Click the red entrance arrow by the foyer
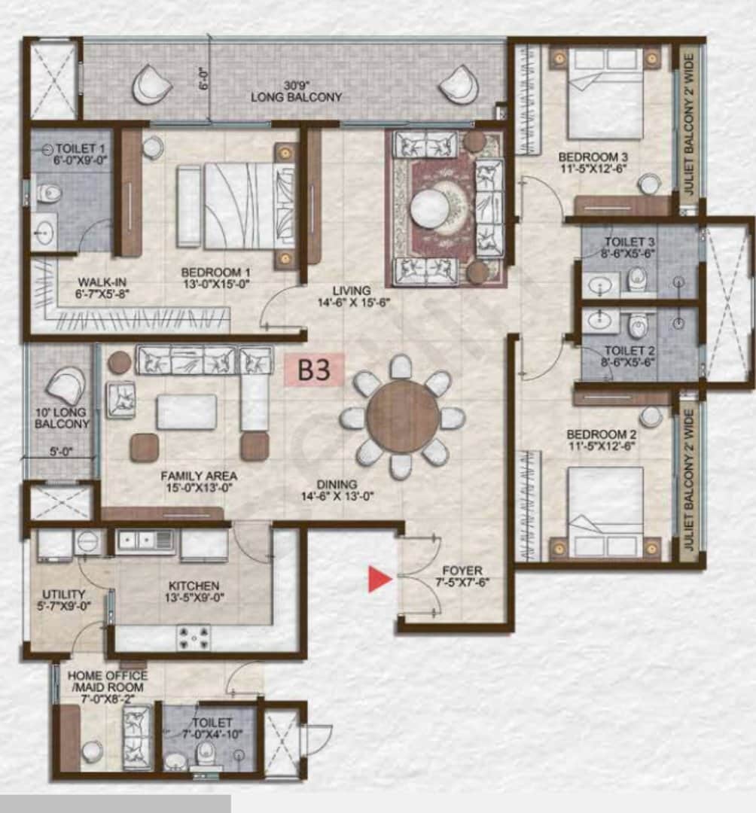tap(380, 579)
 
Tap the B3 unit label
tap(314, 370)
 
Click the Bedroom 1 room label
tap(215, 277)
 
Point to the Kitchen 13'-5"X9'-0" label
tap(194, 592)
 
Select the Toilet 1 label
tap(81, 154)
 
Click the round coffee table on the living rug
tap(431, 208)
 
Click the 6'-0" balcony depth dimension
tap(204, 78)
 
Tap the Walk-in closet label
tap(102, 288)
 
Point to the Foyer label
tap(462, 576)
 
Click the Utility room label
tap(64, 599)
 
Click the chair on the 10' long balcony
tap(66, 385)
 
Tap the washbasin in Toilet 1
tap(44, 232)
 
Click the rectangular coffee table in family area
tap(187, 412)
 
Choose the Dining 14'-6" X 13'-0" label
tap(337, 490)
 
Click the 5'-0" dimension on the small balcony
tap(61, 452)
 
